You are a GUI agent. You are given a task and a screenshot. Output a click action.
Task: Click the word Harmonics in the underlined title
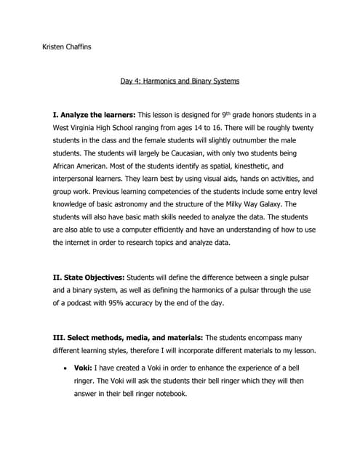[x=162, y=81]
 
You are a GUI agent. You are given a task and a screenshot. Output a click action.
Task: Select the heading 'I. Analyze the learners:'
[x=94, y=116]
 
